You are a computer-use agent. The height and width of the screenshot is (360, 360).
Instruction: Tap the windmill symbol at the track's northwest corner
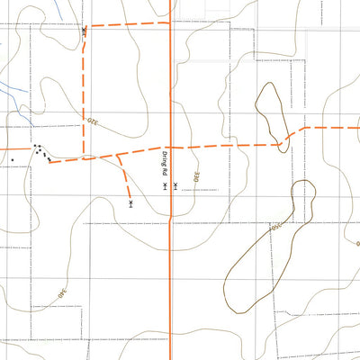(84, 31)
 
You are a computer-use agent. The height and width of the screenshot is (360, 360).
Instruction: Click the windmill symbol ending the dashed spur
(131, 204)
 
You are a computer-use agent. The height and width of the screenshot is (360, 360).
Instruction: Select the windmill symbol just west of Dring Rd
(165, 187)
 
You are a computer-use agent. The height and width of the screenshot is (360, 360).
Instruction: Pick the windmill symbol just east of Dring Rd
(176, 186)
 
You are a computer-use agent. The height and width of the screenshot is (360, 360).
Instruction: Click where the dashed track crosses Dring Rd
(170, 147)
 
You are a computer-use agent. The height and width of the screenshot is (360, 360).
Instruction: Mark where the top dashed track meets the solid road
(170, 23)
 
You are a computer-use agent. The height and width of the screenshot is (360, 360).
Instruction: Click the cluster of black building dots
(41, 152)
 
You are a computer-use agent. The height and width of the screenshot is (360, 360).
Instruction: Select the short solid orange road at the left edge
(13, 148)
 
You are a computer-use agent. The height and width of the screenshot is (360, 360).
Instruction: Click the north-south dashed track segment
(84, 90)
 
